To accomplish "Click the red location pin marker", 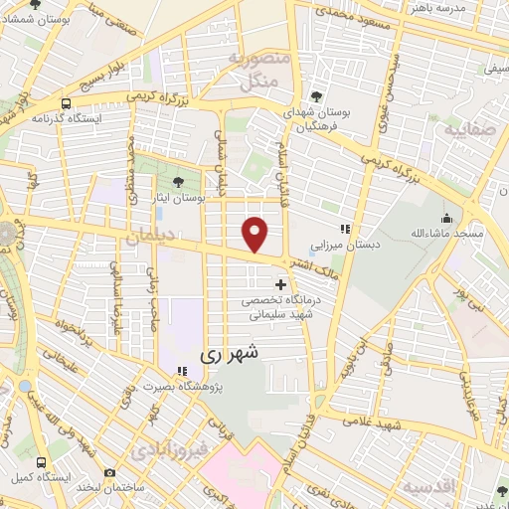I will tap(256, 234).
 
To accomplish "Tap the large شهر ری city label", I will tap(229, 352).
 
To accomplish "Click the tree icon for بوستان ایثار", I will tap(178, 182).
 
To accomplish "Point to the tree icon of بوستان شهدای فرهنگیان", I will tap(316, 96).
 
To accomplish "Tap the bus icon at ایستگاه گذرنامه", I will tap(67, 102).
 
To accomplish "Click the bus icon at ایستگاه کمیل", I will tap(41, 462).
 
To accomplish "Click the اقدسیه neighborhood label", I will tap(428, 486).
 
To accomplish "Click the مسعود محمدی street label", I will tap(342, 15).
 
